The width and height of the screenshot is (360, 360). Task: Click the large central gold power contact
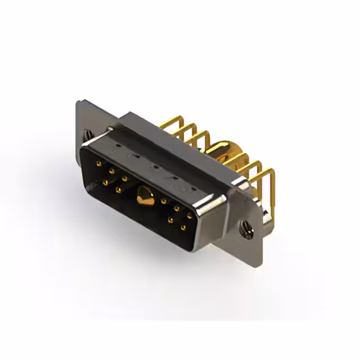(x=145, y=196)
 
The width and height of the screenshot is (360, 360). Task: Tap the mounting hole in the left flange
(x=89, y=135)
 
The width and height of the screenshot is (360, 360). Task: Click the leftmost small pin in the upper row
(x=99, y=164)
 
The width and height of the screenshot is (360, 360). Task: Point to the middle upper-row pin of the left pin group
(x=111, y=171)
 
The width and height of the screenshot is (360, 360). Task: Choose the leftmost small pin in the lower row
(x=105, y=182)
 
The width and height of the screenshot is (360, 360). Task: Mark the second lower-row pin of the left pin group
(x=118, y=190)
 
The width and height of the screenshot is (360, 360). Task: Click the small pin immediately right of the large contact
(x=163, y=200)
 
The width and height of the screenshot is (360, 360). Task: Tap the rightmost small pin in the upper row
(x=190, y=215)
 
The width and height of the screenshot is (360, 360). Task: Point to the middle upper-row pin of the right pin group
(x=177, y=208)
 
